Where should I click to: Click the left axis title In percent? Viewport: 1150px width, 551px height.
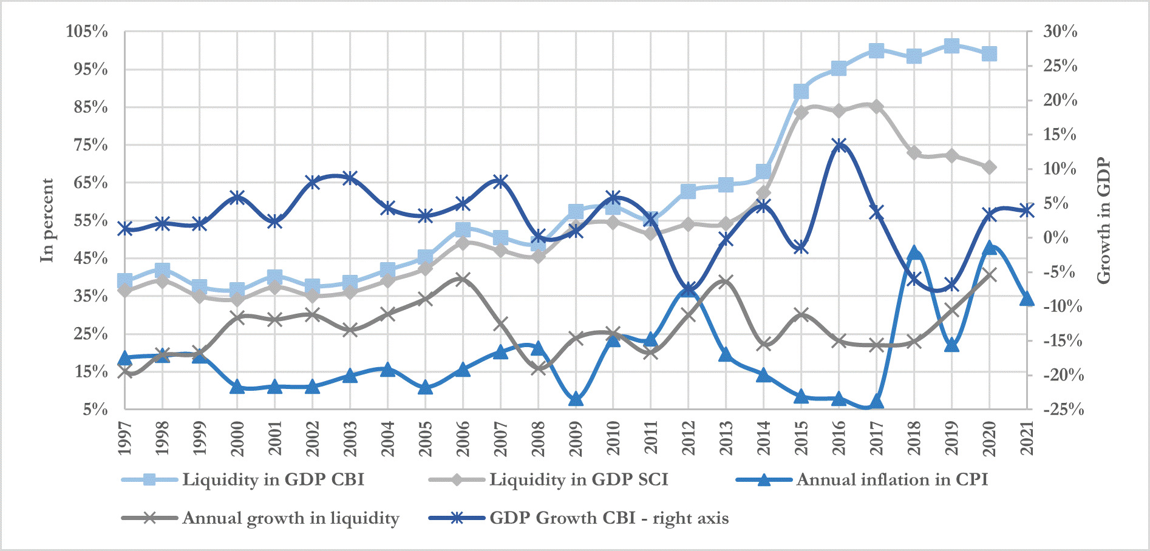point(47,220)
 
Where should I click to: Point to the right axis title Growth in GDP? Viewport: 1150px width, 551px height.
point(1103,220)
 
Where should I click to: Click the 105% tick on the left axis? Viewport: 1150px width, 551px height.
point(87,31)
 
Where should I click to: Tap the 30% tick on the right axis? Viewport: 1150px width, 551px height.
point(1060,31)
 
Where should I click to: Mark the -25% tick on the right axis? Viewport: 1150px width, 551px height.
point(1063,409)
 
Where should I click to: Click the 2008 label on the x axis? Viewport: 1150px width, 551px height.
point(538,438)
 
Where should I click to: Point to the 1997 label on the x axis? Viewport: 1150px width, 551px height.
point(125,438)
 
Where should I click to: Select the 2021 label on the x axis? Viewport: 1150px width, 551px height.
point(1027,438)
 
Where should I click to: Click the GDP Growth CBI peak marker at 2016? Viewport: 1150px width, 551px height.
point(839,145)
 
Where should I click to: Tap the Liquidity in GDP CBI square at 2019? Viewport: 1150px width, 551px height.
point(951,46)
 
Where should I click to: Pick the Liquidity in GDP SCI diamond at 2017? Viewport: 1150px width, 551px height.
point(876,107)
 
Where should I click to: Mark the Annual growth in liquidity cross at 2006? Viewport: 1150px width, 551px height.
point(463,279)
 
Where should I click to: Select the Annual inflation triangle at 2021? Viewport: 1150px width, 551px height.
point(1027,299)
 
